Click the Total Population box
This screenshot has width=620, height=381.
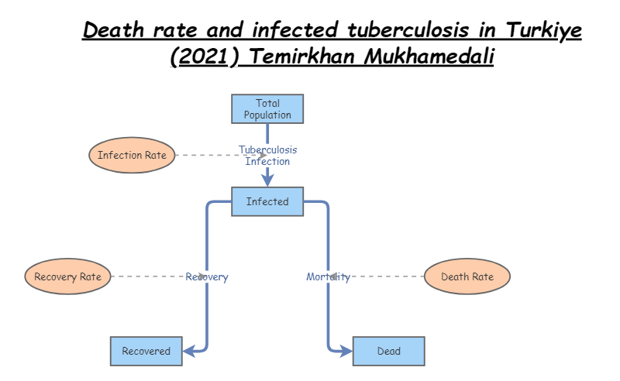(x=267, y=109)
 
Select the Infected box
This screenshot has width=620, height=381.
(x=267, y=202)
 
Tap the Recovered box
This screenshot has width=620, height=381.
(x=146, y=351)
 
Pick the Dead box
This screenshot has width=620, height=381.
(x=388, y=351)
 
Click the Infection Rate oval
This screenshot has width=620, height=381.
(x=132, y=155)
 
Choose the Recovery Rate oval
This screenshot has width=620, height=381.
(x=68, y=276)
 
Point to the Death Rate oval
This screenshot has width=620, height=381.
(x=467, y=276)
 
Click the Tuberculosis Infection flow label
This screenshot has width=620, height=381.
(x=267, y=156)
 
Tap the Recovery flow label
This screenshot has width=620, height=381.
(x=207, y=276)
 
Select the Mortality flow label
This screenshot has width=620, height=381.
(x=328, y=276)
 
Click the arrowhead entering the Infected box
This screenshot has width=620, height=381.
(x=267, y=180)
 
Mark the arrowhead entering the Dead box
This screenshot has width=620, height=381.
(x=346, y=351)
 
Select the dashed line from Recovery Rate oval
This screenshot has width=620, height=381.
(x=147, y=276)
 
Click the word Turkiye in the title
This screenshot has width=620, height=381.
(x=543, y=31)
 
